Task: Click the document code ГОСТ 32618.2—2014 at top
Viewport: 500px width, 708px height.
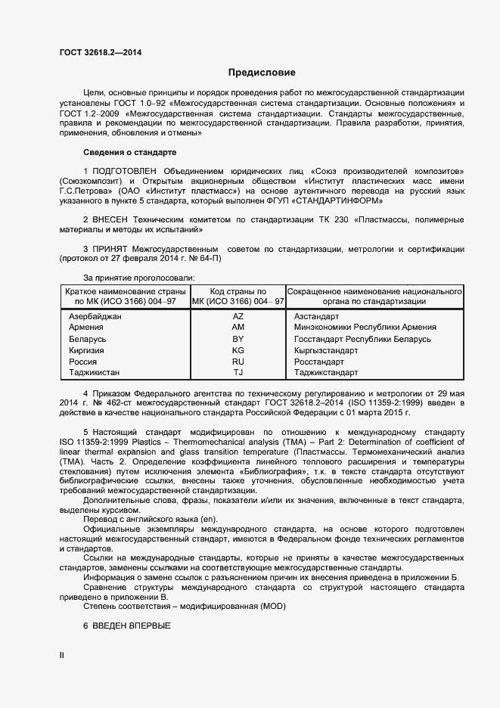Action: click(100, 52)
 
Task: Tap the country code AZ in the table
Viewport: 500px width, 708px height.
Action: click(238, 316)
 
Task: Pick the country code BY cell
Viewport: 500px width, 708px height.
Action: click(238, 339)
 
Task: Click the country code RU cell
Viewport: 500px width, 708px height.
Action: click(238, 362)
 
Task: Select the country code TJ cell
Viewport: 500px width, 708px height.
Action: click(238, 373)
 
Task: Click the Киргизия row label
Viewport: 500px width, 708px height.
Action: click(88, 350)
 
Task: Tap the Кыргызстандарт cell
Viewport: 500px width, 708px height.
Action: click(326, 350)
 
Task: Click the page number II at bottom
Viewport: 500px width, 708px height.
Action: click(62, 655)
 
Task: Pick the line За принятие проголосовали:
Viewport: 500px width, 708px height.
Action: click(138, 278)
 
